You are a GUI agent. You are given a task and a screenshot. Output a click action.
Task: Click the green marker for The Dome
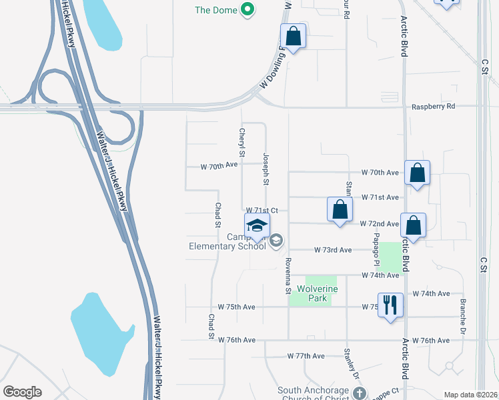(x=247, y=9)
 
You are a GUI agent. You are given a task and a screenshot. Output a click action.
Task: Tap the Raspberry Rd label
(x=433, y=106)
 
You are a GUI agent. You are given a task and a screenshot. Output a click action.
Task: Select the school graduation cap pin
(x=257, y=225)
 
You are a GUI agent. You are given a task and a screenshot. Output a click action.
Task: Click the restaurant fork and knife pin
(x=390, y=305)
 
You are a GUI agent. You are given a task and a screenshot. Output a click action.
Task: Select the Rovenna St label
(x=289, y=275)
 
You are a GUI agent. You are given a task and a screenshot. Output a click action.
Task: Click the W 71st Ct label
(x=262, y=210)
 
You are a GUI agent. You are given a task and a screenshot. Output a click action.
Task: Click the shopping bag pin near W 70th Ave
(x=417, y=173)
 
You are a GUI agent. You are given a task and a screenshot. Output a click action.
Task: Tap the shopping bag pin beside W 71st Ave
(x=340, y=209)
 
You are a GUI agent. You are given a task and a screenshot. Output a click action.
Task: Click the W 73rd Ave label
(x=333, y=250)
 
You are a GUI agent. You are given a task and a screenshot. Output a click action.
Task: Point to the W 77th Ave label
(x=306, y=356)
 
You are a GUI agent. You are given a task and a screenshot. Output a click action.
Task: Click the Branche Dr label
(x=462, y=315)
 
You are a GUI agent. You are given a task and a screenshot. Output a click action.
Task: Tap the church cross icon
(x=360, y=393)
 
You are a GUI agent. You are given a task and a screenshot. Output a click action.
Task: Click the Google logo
(x=23, y=392)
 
